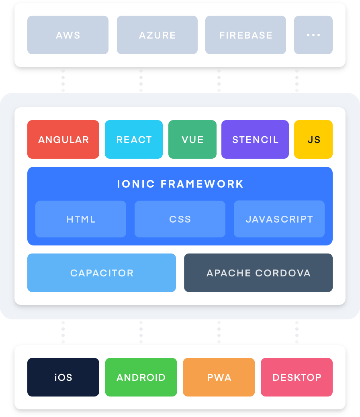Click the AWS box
pyautogui.click(x=68, y=35)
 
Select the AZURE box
pyautogui.click(x=157, y=35)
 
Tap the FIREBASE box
pyautogui.click(x=245, y=35)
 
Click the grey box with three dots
pyautogui.click(x=313, y=35)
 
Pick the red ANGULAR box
pyautogui.click(x=63, y=139)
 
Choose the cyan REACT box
pyautogui.click(x=134, y=139)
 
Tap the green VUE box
pyautogui.click(x=192, y=139)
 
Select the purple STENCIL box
pyautogui.click(x=255, y=139)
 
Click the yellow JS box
pyautogui.click(x=313, y=139)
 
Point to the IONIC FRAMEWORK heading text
pyautogui.click(x=180, y=184)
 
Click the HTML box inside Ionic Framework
pyautogui.click(x=81, y=219)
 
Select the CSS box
pyautogui.click(x=180, y=219)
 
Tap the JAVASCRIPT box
pyautogui.click(x=279, y=219)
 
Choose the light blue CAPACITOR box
pyautogui.click(x=102, y=273)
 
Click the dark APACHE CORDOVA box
pyautogui.click(x=258, y=273)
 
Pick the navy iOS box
pyautogui.click(x=63, y=377)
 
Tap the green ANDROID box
pyautogui.click(x=141, y=377)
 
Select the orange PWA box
pyautogui.click(x=219, y=377)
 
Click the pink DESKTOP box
pyautogui.click(x=297, y=377)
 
